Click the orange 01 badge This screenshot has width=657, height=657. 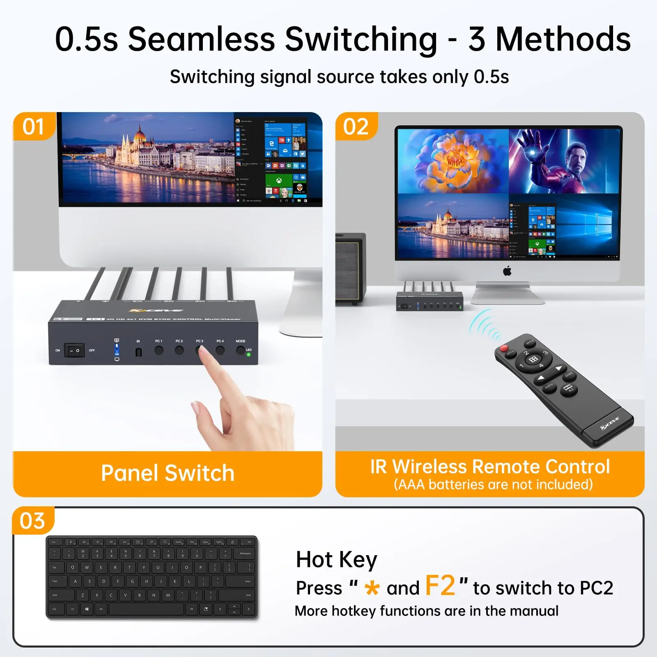coord(33,126)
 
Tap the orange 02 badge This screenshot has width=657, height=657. coord(356,126)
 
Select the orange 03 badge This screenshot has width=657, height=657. coord(32,521)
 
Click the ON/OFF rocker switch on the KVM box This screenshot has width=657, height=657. coord(74,350)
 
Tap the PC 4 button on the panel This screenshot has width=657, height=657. coord(220,350)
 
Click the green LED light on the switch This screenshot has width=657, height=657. coord(248,354)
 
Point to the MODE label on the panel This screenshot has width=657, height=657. coord(240,341)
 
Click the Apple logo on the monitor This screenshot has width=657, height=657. coord(508,271)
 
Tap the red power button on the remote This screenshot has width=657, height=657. coord(504,348)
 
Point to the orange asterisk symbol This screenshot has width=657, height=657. coord(372,588)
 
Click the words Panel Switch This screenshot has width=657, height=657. coord(168,473)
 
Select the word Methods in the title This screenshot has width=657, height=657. coord(563,39)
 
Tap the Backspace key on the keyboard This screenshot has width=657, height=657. coord(245,554)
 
